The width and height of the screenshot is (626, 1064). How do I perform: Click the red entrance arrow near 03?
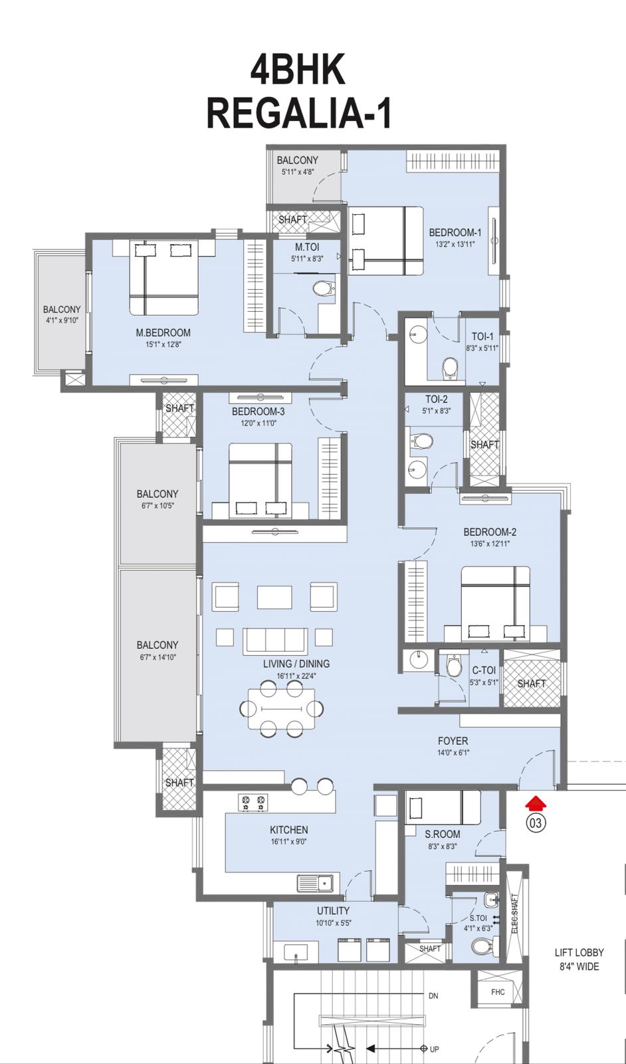(x=535, y=804)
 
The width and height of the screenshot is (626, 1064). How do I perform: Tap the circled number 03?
(x=535, y=823)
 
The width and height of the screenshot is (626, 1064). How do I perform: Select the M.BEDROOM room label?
(x=163, y=332)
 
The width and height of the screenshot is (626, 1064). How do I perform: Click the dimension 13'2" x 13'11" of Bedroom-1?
(x=455, y=244)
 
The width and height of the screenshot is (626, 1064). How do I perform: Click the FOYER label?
(x=453, y=741)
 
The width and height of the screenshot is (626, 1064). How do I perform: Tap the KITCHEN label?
(x=288, y=830)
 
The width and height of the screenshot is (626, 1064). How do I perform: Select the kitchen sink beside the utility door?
(x=315, y=884)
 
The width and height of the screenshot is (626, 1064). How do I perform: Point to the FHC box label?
(x=498, y=992)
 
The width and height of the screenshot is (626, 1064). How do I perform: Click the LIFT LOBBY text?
(x=579, y=952)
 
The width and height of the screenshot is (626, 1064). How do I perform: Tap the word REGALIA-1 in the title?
(x=299, y=114)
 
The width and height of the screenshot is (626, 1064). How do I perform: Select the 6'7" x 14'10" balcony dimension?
(x=157, y=657)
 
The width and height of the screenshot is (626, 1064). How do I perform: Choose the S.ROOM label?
(x=442, y=834)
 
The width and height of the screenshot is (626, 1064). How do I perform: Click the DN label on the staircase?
(x=433, y=996)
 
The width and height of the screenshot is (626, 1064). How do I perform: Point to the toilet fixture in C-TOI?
(x=454, y=665)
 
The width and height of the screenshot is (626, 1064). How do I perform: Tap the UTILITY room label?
(x=333, y=910)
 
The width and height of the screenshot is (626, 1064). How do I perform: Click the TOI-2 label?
(x=436, y=399)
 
